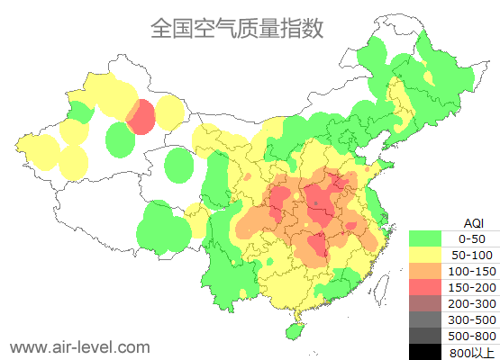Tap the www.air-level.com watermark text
pos(79,346)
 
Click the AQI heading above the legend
pos(473,222)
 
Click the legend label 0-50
pos(471,238)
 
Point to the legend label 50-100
pos(471,255)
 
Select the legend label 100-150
pos(471,271)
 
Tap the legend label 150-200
pos(471,287)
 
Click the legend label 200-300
pos(471,303)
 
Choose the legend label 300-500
pos(471,319)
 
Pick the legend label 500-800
pos(471,336)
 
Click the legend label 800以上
pos(471,352)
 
